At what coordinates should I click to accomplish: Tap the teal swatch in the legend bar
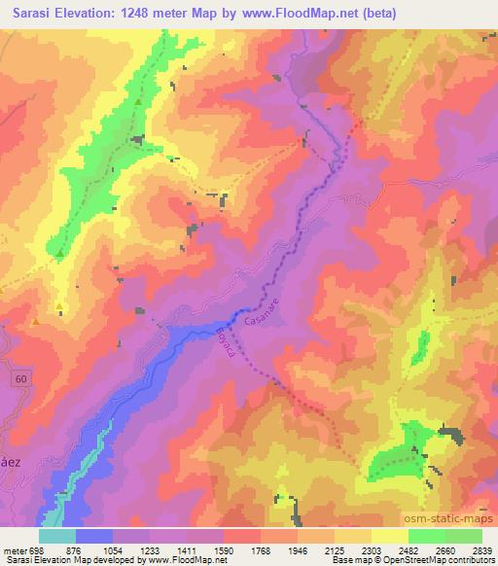click(x=57, y=536)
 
